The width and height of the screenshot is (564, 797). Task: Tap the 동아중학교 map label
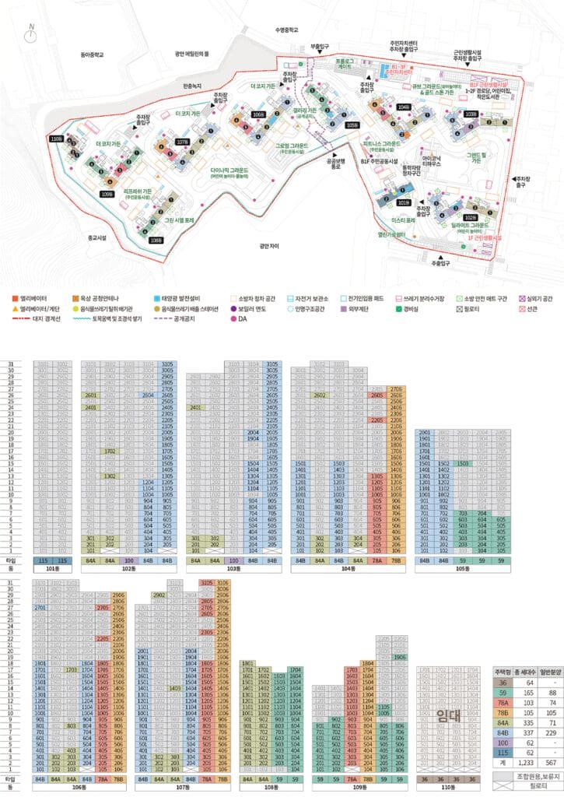[92, 54]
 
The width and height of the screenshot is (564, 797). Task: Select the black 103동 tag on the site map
[470, 114]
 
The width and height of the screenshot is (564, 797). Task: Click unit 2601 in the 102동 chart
[91, 395]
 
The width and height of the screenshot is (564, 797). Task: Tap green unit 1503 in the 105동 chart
[464, 463]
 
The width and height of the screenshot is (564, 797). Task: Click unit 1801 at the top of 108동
[248, 662]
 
